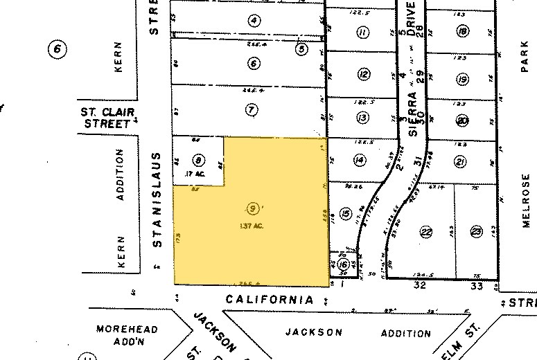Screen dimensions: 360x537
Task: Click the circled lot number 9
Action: (x=253, y=207)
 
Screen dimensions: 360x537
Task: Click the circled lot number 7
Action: (x=251, y=109)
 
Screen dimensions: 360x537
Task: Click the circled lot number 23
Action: (x=476, y=232)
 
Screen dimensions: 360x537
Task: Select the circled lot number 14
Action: (x=359, y=161)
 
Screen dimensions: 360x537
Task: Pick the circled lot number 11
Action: (x=361, y=32)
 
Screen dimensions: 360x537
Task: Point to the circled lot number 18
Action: (x=462, y=31)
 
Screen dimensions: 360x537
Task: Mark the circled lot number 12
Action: (x=362, y=75)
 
